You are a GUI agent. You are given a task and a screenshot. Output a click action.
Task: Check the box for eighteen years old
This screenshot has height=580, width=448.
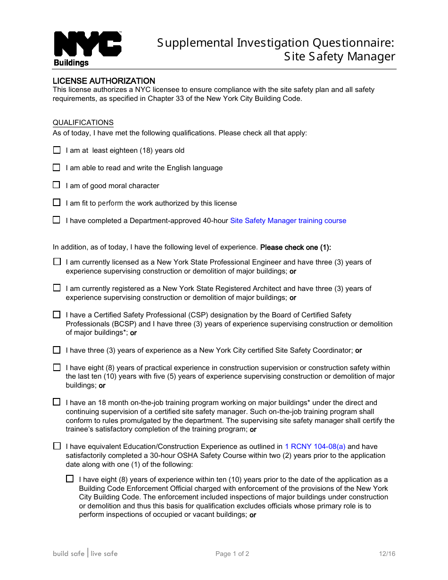click(x=57, y=150)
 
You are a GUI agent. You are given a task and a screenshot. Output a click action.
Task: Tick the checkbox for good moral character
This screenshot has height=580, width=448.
click(x=57, y=185)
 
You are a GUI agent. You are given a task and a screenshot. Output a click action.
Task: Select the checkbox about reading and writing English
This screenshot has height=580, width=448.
click(x=57, y=167)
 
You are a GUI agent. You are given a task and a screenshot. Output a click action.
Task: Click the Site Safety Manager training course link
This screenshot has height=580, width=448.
click(x=288, y=221)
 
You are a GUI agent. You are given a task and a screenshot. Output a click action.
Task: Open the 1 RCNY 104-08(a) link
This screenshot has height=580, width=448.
click(x=315, y=447)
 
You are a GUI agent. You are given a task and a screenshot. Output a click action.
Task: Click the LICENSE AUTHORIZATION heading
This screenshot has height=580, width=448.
click(x=104, y=81)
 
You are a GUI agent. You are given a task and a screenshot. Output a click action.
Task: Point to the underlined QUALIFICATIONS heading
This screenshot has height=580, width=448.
click(x=83, y=123)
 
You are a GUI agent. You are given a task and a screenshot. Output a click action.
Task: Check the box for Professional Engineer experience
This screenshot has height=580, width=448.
click(x=57, y=261)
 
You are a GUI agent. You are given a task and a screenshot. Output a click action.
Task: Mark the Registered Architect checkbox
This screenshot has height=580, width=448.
click(x=57, y=288)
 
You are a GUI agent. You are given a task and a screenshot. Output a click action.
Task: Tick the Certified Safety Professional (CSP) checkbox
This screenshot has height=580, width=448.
click(x=57, y=315)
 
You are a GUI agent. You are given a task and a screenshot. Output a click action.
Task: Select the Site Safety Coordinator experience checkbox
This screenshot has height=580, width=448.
click(x=57, y=350)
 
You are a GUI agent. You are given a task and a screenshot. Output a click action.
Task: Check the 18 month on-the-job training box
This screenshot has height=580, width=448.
click(x=57, y=402)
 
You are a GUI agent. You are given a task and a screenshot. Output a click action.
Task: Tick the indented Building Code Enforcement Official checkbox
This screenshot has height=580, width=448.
click(x=70, y=479)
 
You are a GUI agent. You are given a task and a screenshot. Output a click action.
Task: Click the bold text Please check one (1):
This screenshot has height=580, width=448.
click(x=296, y=247)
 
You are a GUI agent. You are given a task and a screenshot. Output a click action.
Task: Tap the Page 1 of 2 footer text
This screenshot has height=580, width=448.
click(x=232, y=554)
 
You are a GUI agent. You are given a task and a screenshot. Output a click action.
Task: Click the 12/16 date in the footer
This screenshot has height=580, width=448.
click(x=387, y=554)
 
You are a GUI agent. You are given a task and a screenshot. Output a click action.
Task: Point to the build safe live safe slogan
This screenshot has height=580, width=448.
click(x=85, y=554)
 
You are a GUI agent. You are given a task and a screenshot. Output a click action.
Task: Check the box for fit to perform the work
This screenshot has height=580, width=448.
click(x=57, y=202)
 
